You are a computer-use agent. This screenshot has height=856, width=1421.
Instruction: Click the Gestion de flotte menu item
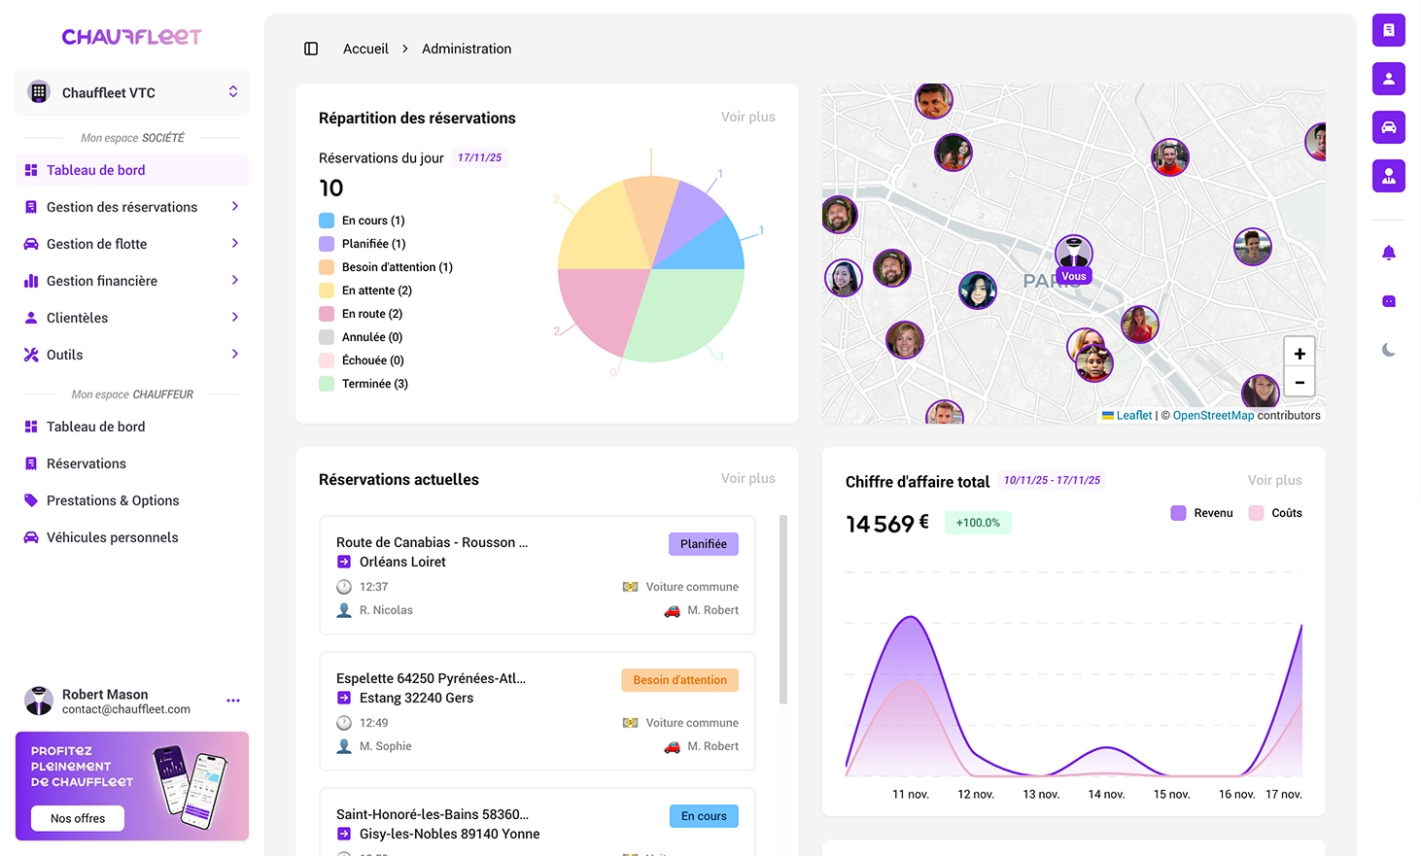click(x=97, y=244)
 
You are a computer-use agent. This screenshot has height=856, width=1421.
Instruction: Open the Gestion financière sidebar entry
click(x=102, y=281)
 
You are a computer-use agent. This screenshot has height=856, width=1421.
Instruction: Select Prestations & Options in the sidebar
click(x=113, y=500)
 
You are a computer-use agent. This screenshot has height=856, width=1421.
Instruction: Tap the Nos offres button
click(x=78, y=818)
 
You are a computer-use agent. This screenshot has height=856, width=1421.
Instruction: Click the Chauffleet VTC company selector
click(x=132, y=92)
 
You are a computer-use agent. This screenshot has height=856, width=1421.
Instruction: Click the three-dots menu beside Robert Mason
click(x=233, y=701)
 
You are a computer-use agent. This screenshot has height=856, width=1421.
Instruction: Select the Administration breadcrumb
click(x=467, y=49)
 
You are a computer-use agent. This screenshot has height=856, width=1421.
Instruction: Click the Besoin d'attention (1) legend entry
click(x=397, y=267)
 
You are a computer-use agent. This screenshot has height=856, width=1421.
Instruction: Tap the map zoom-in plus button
click(x=1300, y=354)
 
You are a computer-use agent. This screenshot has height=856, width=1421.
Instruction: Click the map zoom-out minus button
click(x=1300, y=382)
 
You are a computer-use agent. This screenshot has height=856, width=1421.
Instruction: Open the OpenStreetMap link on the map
click(x=1213, y=416)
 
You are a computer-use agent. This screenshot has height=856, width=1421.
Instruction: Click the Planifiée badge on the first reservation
click(x=704, y=544)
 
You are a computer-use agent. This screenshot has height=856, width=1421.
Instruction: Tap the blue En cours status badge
click(x=704, y=816)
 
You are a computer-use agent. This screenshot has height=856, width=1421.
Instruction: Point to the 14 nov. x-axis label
click(x=1106, y=795)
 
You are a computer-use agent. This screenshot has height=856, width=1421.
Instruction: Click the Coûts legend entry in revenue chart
click(x=1286, y=513)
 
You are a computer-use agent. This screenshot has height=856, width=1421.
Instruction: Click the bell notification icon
click(x=1389, y=253)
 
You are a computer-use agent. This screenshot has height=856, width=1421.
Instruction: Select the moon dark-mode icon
click(x=1389, y=350)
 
